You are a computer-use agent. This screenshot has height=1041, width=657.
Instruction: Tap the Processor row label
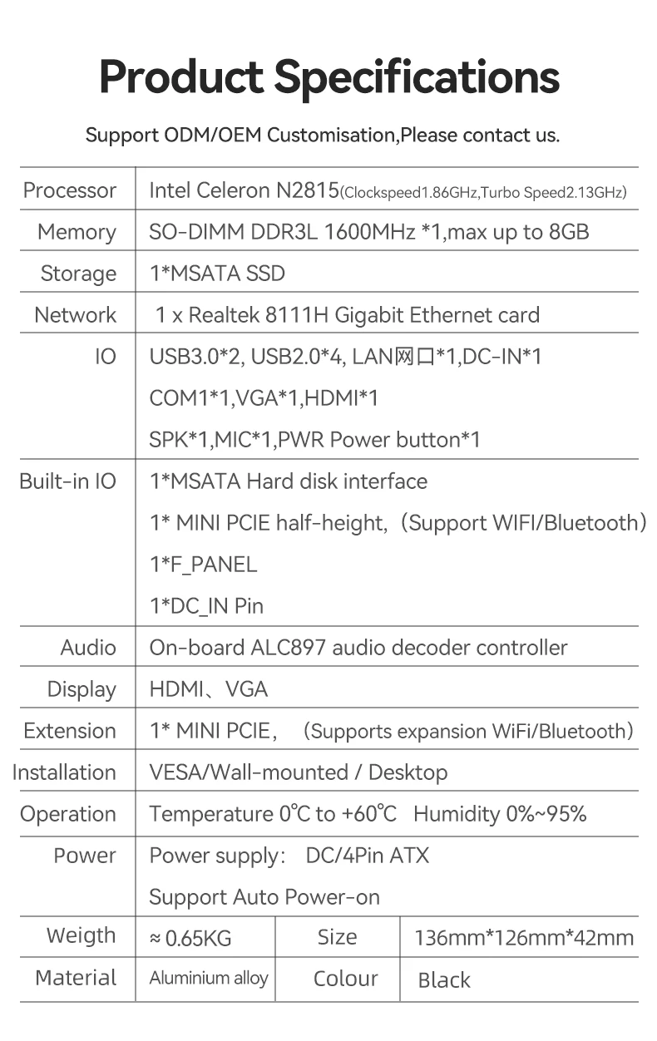70,190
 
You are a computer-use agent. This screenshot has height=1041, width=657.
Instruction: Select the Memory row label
77,232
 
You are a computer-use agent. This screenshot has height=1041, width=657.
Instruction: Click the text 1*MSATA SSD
217,274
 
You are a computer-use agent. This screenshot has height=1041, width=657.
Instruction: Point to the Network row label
76,315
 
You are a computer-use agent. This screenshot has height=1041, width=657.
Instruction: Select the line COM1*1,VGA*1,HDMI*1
264,398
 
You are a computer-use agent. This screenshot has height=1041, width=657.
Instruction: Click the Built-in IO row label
68,481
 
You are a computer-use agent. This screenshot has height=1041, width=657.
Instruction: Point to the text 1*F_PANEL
203,565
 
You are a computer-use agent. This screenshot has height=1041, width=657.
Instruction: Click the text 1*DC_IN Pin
206,606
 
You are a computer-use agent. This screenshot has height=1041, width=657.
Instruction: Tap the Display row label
82,689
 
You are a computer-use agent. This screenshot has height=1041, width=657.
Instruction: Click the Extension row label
70,731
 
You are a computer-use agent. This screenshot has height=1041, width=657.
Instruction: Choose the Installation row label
64,772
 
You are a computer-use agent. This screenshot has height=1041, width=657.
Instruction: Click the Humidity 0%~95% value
500,814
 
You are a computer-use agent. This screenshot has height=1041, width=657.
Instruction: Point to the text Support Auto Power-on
264,897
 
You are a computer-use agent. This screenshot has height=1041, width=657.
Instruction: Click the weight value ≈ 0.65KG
190,939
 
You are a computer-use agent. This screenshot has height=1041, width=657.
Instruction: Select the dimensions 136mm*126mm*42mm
524,939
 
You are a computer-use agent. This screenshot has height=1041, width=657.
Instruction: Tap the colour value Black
444,980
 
